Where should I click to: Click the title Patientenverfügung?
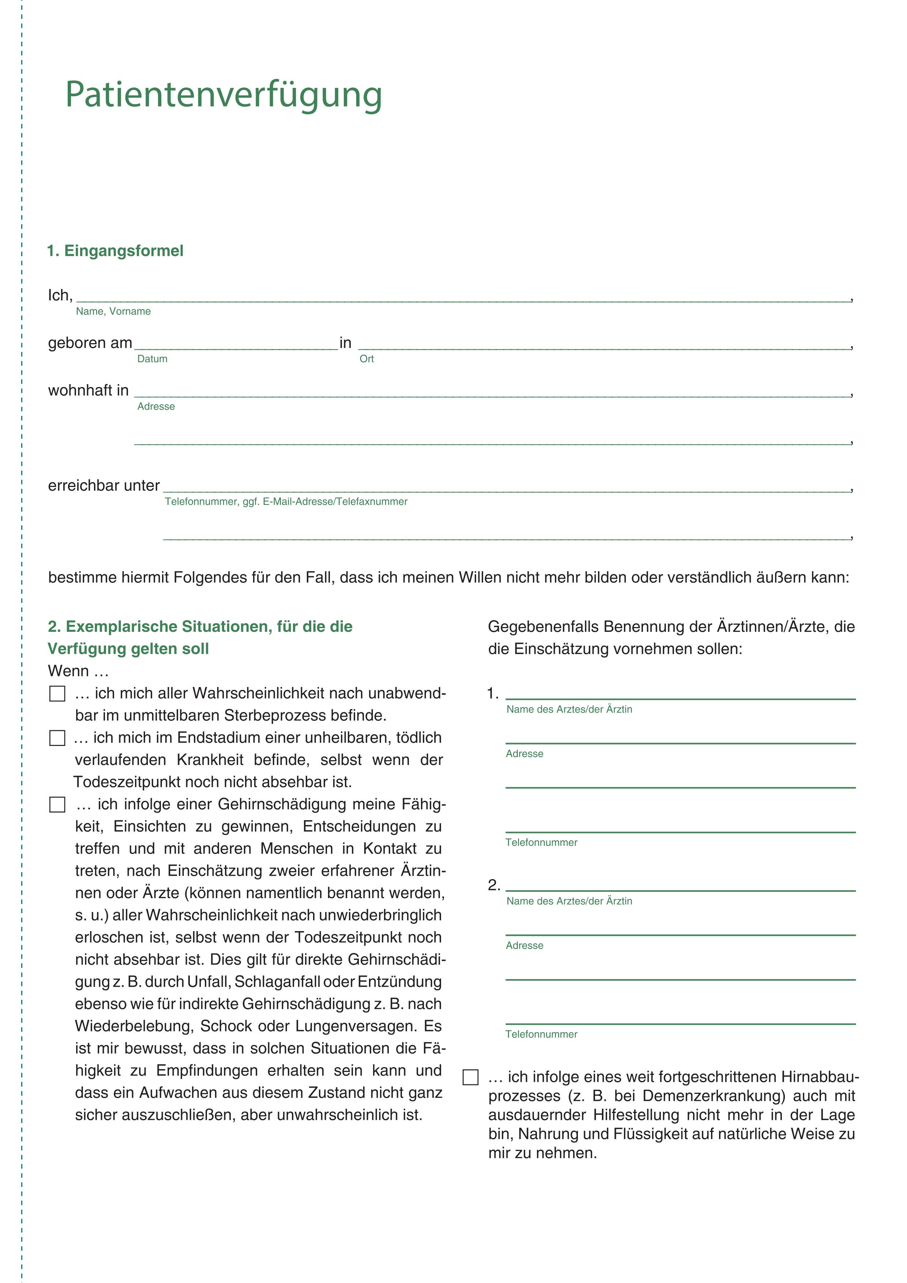pyautogui.click(x=223, y=95)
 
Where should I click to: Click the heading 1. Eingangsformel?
pyautogui.click(x=115, y=251)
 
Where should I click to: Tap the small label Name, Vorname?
pyautogui.click(x=113, y=312)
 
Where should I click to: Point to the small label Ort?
pyautogui.click(x=366, y=359)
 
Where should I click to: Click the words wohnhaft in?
pyautogui.click(x=88, y=391)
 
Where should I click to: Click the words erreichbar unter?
pyautogui.click(x=104, y=485)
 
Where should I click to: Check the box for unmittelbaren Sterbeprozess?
pyautogui.click(x=57, y=694)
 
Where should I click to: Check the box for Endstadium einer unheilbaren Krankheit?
pyautogui.click(x=57, y=738)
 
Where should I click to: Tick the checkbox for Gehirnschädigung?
pyautogui.click(x=57, y=805)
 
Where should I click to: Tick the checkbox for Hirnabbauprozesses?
pyautogui.click(x=471, y=1077)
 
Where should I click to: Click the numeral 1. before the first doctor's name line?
pyautogui.click(x=493, y=694)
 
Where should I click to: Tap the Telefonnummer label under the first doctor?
pyautogui.click(x=541, y=843)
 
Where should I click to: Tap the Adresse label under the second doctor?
pyautogui.click(x=524, y=945)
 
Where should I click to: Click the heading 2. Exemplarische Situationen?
pyautogui.click(x=200, y=627)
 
